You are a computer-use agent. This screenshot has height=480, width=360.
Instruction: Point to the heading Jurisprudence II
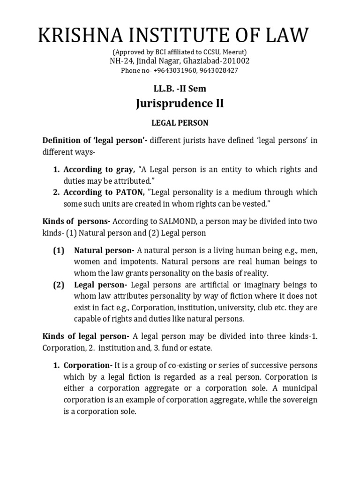tap(180, 104)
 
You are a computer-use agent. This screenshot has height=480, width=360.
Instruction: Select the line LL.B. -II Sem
tap(180, 89)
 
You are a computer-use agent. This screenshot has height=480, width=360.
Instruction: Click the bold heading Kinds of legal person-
tap(86, 336)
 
